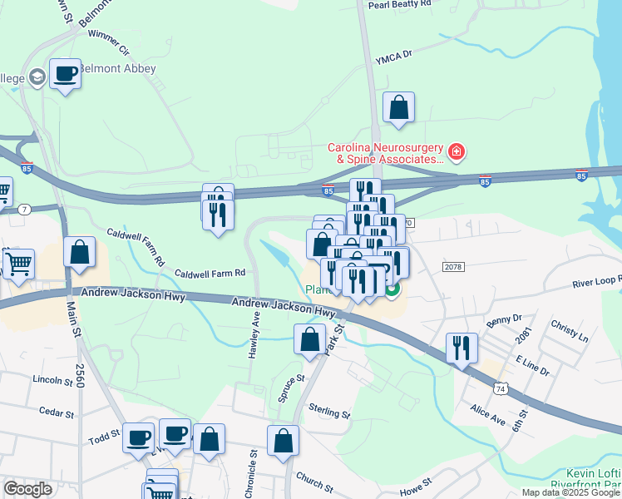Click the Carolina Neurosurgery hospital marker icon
coord(456,151)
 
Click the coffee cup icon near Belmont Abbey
coord(65,73)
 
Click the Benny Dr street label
coord(504,319)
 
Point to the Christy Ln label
coord(571,330)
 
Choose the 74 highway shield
coord(500,388)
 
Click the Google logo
coord(27,489)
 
